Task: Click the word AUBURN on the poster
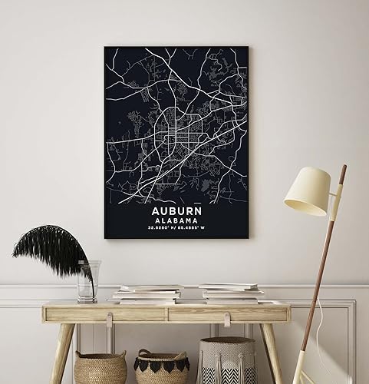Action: (176, 207)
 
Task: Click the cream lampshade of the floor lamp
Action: (308, 191)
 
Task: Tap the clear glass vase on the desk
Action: (87, 281)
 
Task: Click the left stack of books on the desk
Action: (148, 293)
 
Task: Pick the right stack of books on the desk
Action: (231, 293)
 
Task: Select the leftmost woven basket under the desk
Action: (100, 366)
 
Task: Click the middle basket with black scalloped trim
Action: (161, 367)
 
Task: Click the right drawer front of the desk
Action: (229, 313)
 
